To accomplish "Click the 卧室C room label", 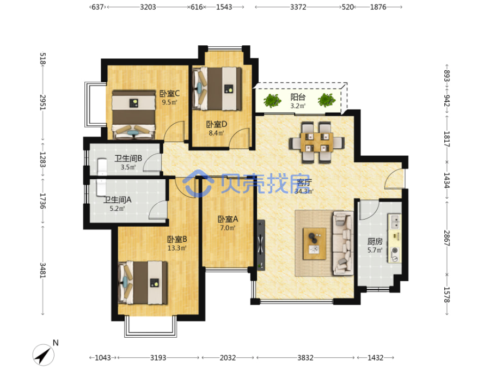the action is [169, 94].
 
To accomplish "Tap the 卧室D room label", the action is [216, 124].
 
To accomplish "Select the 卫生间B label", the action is [128, 159].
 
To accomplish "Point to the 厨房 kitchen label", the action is [375, 241].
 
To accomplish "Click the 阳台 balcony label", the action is [298, 97].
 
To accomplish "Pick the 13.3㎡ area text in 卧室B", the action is [177, 248].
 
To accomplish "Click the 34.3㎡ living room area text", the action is [304, 191].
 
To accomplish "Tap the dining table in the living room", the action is [316, 142].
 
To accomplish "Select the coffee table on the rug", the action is [315, 244].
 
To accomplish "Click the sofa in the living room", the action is [343, 243].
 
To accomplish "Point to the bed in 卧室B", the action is [143, 282].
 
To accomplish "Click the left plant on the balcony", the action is [272, 101].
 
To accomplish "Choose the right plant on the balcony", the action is [327, 100].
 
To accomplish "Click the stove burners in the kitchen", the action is [395, 254].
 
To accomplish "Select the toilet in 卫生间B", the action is [102, 167].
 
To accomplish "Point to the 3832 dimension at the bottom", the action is [305, 358].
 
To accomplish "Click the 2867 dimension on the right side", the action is [446, 238].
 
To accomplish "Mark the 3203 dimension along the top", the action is [148, 7].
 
